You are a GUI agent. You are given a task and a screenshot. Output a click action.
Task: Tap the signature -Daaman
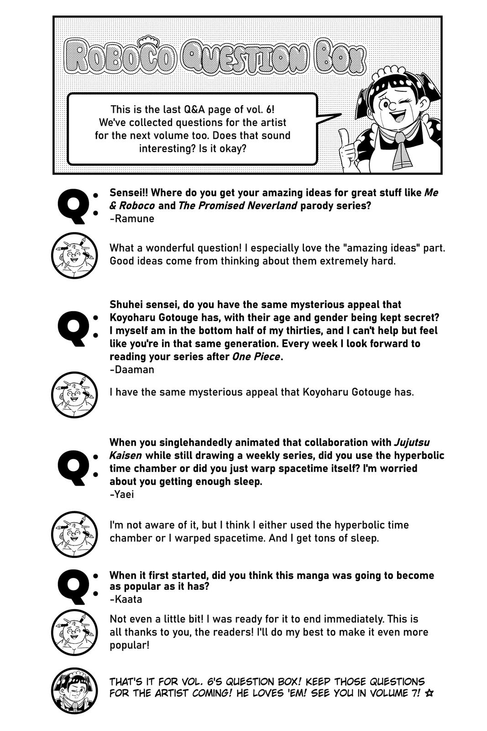[132, 369]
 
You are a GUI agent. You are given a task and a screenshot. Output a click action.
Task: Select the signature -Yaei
[122, 494]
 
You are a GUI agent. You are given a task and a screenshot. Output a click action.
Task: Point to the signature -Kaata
[126, 599]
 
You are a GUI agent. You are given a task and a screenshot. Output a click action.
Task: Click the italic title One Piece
[256, 356]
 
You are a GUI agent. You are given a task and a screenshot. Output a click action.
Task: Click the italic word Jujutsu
[411, 442]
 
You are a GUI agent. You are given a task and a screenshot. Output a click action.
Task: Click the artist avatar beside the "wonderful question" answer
[74, 256]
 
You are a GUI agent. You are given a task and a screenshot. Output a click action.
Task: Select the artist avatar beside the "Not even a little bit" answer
[74, 632]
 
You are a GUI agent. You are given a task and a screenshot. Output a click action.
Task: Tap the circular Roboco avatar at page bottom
[74, 690]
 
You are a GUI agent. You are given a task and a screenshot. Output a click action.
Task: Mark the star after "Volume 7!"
[429, 693]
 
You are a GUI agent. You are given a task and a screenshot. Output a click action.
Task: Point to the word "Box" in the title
[340, 57]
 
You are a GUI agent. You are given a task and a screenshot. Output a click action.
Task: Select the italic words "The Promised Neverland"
[237, 206]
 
